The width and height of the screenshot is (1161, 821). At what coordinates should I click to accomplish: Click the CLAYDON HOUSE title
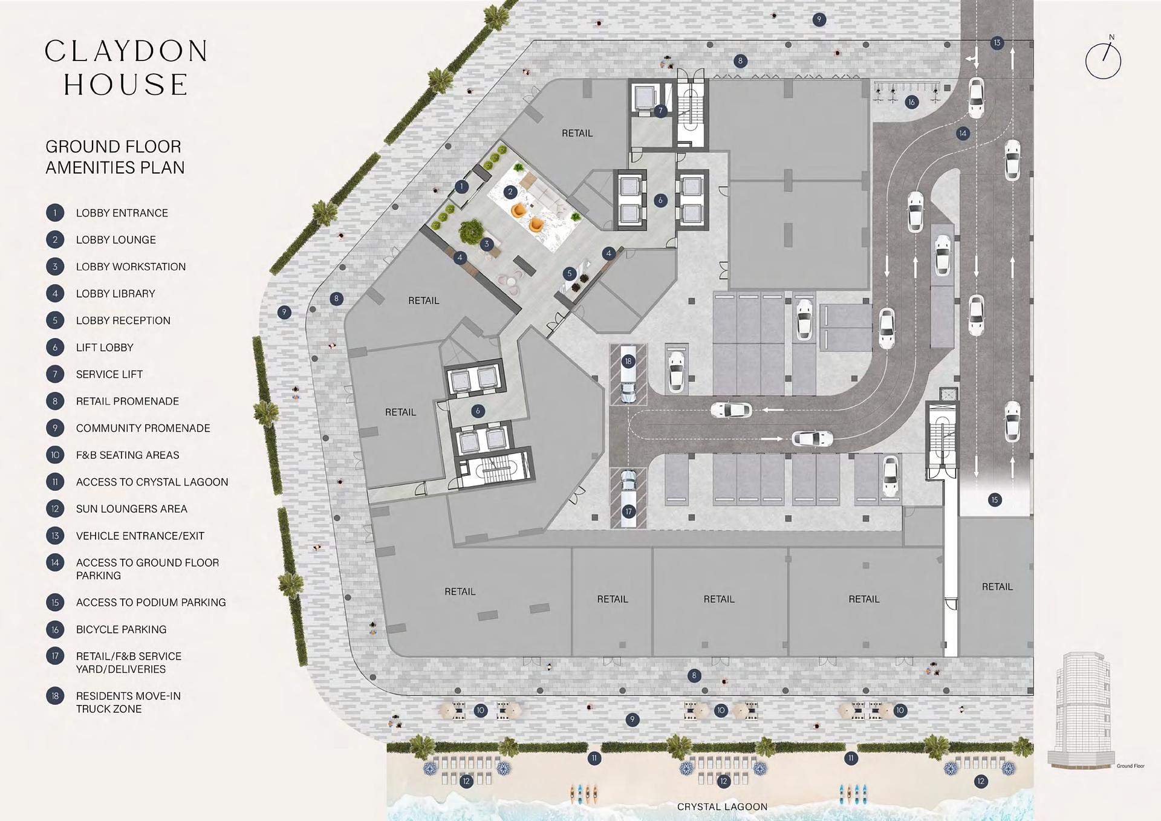(x=126, y=68)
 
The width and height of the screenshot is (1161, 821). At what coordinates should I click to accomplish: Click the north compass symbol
(x=1103, y=60)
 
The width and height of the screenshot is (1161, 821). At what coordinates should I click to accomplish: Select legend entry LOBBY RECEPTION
(x=123, y=320)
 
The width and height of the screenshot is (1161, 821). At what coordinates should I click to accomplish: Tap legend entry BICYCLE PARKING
(x=121, y=629)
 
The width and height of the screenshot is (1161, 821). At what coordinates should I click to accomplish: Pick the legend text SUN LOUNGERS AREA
(x=131, y=509)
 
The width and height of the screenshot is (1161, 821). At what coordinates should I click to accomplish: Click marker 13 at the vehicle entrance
(x=997, y=43)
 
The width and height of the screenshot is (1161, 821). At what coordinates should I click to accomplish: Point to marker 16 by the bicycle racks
(x=911, y=102)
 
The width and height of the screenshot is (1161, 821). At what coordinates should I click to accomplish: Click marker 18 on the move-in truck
(x=628, y=362)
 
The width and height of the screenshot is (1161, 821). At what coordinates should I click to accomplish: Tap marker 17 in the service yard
(x=629, y=511)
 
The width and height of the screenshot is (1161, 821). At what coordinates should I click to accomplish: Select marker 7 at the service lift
(x=660, y=111)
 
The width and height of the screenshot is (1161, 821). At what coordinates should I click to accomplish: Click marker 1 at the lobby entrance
(x=462, y=186)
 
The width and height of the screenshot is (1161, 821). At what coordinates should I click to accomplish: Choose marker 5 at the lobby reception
(x=569, y=274)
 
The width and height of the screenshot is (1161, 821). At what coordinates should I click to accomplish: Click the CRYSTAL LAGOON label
(x=722, y=806)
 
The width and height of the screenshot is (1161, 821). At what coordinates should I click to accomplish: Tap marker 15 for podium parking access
(x=995, y=499)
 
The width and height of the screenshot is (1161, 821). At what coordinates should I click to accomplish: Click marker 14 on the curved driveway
(x=963, y=133)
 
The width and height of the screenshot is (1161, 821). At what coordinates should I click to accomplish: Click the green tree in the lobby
(x=469, y=231)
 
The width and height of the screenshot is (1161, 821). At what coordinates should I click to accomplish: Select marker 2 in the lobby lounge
(x=510, y=192)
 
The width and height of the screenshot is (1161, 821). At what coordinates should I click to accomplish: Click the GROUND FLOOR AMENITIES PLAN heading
(x=115, y=157)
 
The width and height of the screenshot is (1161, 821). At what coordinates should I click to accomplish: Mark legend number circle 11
(x=55, y=482)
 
